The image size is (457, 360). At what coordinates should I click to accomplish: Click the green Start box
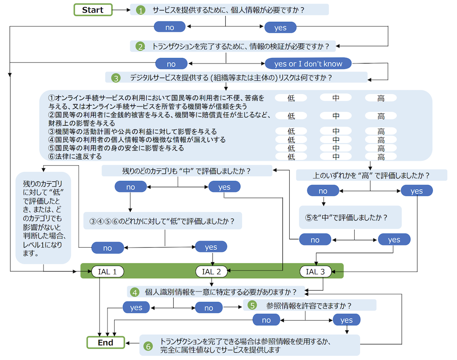[x=93, y=10]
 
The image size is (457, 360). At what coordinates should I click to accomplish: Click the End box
[x=106, y=342]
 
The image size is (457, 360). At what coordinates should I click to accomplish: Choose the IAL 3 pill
[x=315, y=272]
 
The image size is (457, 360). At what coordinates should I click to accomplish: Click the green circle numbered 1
[x=140, y=10]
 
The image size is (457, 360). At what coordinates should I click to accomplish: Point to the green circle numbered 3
[x=116, y=78]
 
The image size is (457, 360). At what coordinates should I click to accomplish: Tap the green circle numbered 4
[x=135, y=292]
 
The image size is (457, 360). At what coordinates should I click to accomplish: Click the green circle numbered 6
[x=148, y=346]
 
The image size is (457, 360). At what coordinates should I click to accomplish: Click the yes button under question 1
[x=280, y=27]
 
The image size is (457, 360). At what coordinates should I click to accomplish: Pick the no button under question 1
[x=170, y=27]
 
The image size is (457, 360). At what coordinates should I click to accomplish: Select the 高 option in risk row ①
[x=381, y=98]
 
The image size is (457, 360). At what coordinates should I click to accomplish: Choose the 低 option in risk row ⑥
[x=291, y=157]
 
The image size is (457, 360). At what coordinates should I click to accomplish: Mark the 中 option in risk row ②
[x=336, y=116]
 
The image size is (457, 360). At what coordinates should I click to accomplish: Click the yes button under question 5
[x=346, y=320]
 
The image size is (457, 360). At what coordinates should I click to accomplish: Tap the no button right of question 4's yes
[x=209, y=308]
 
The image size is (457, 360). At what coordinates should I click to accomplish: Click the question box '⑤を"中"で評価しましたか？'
[x=350, y=217]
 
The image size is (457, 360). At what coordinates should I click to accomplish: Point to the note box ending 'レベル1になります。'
[x=43, y=217]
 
